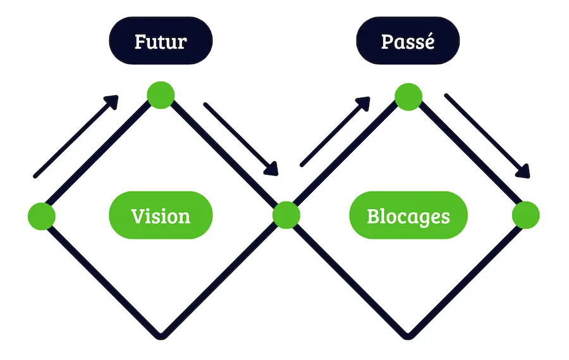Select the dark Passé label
408,42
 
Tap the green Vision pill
161,216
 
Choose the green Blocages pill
408,216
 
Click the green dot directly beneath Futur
161,95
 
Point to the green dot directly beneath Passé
408,97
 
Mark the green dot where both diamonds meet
286,215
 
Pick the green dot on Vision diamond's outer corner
42,216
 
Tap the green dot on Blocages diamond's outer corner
525,215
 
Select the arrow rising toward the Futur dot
76,136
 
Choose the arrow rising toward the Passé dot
335,131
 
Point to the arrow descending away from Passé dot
487,136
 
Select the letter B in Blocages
373,216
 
